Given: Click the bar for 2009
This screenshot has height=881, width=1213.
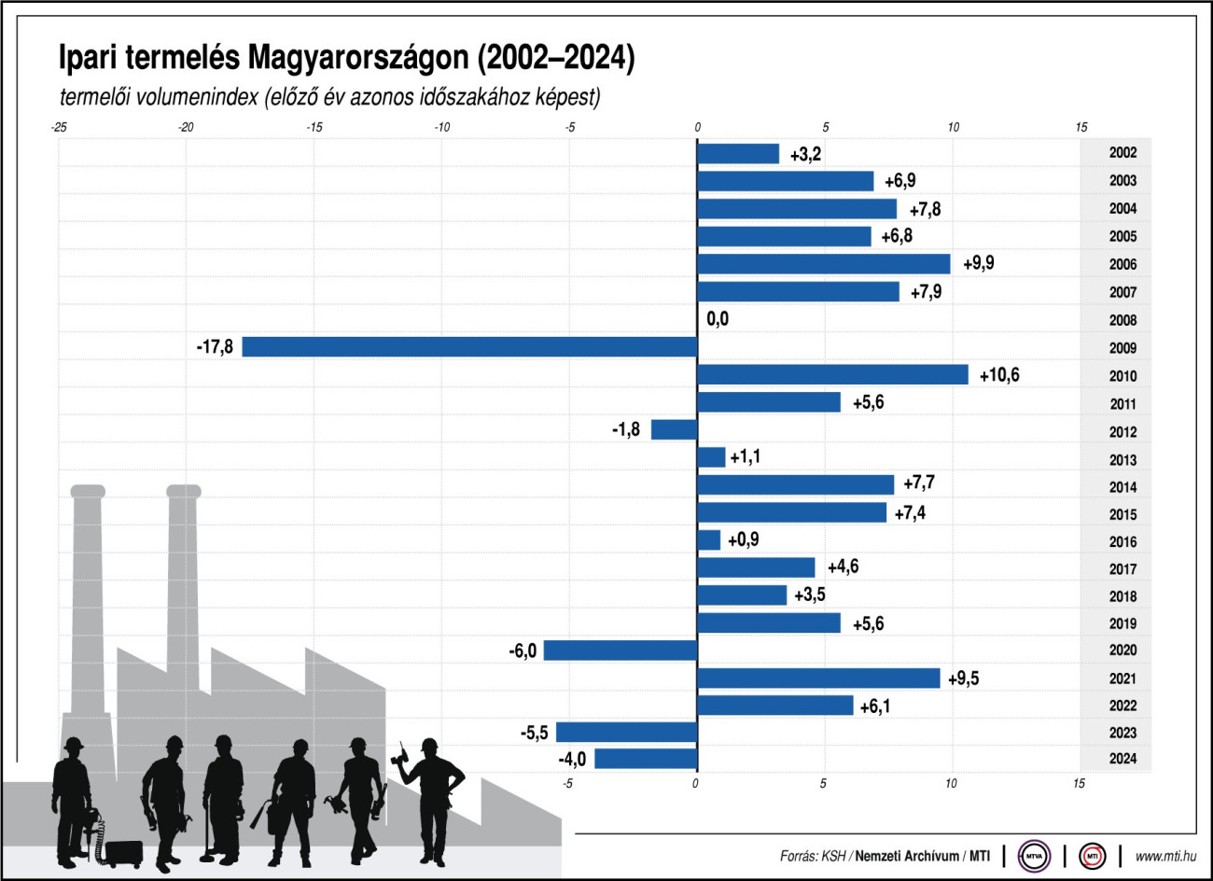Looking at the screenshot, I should (x=469, y=347).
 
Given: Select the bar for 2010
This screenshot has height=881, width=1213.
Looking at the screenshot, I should (x=832, y=375).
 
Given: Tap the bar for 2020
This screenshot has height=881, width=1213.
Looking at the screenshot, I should (x=620, y=650).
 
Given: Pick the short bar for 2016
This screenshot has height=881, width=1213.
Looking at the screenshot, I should (x=709, y=540).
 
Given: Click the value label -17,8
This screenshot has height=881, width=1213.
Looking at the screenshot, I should (x=215, y=347).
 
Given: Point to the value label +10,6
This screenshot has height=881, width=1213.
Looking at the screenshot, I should (x=999, y=375).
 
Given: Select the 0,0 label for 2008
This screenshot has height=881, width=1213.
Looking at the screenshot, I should (x=718, y=319).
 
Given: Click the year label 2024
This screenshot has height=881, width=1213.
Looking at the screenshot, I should (x=1122, y=759).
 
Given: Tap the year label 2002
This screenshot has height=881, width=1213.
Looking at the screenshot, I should (x=1122, y=153).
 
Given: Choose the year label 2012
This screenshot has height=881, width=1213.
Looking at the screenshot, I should (x=1122, y=432).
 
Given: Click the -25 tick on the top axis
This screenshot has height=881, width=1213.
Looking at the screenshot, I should (x=58, y=127).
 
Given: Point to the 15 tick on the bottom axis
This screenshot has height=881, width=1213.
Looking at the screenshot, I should (x=1079, y=784).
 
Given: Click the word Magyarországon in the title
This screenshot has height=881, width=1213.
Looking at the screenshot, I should (x=359, y=58).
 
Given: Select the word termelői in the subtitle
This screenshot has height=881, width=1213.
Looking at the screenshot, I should (x=96, y=96).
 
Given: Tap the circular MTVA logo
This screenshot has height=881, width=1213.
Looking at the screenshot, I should (x=1034, y=855).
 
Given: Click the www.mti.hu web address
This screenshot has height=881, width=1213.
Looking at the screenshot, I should (x=1165, y=856).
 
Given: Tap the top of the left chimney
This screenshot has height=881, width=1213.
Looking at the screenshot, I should (x=87, y=491).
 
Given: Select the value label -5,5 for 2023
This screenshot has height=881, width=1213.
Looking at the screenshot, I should (x=534, y=733).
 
